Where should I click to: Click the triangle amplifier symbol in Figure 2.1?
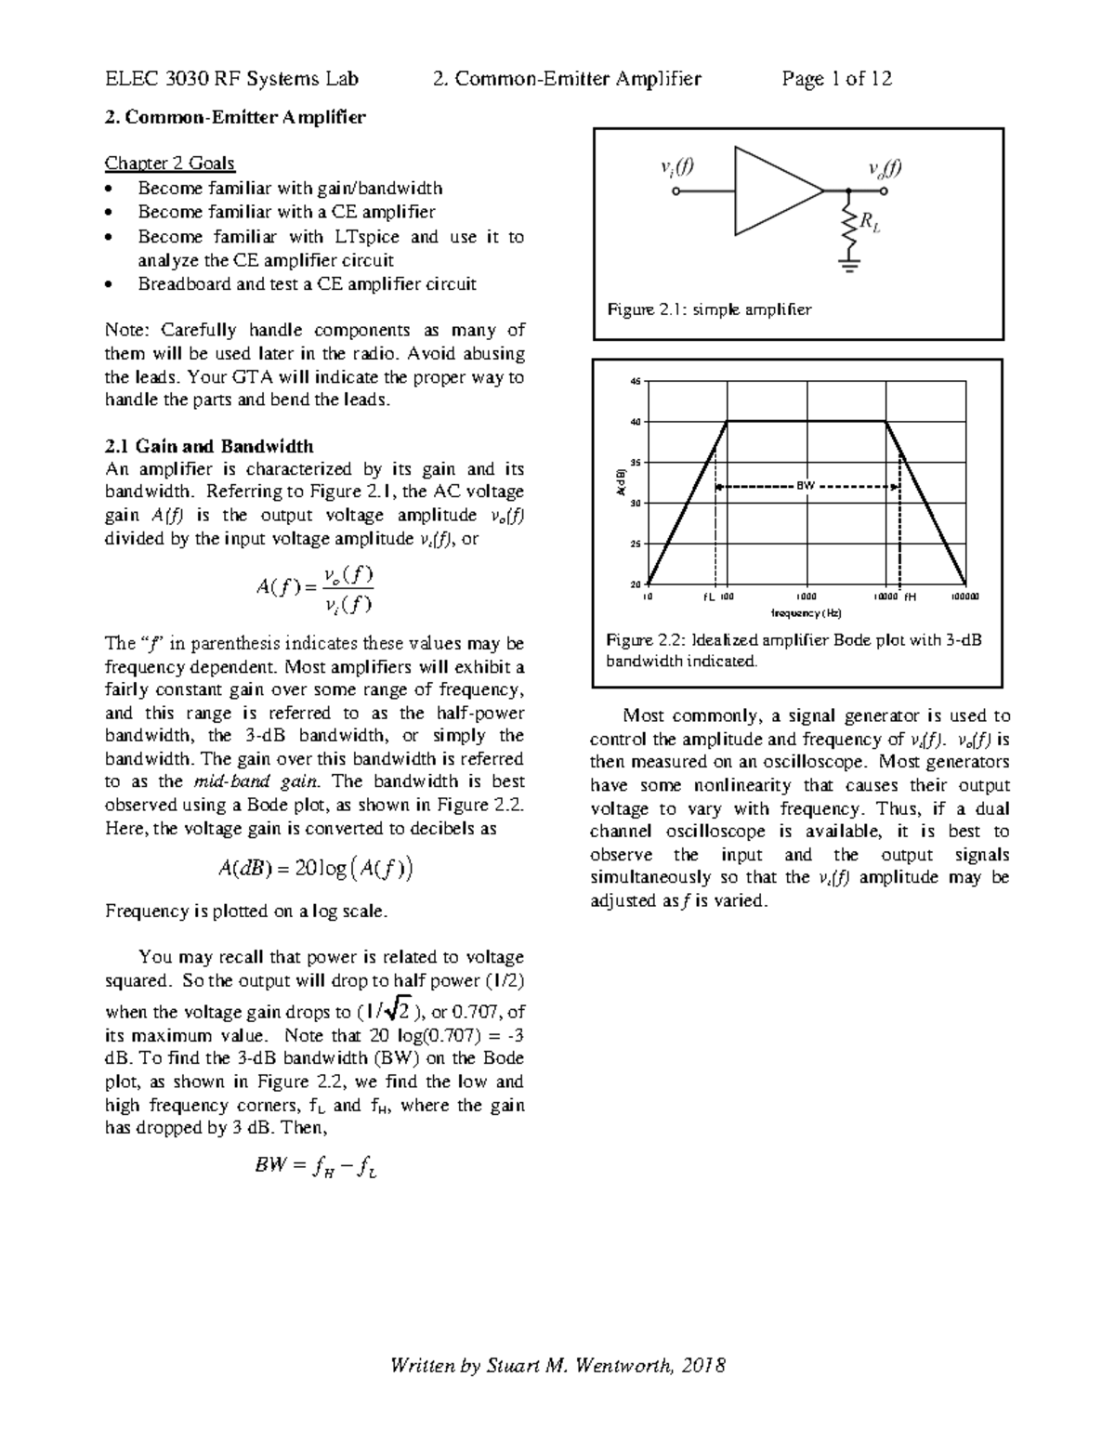click(x=775, y=191)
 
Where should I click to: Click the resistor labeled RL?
click(x=847, y=228)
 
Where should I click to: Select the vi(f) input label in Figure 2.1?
click(x=676, y=167)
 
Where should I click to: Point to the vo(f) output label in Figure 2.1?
click(x=884, y=168)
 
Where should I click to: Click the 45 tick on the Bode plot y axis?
click(x=636, y=382)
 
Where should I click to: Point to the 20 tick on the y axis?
click(x=636, y=584)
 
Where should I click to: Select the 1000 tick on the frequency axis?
click(x=807, y=597)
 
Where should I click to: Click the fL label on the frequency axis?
click(x=709, y=597)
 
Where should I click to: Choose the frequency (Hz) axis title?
click(x=807, y=613)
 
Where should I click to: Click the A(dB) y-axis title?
click(x=622, y=484)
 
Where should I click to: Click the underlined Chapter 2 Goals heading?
click(x=169, y=164)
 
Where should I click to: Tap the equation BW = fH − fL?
click(x=316, y=1165)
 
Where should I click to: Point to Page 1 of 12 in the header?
click(x=836, y=79)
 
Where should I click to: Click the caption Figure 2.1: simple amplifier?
click(x=709, y=309)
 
